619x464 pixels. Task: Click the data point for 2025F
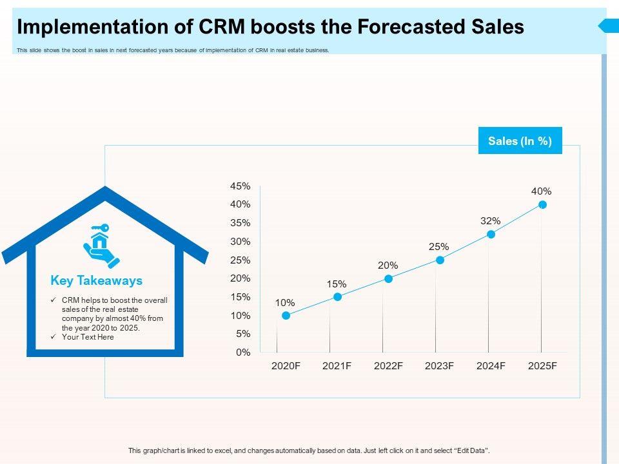[542, 204]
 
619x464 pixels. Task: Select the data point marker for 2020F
[286, 316]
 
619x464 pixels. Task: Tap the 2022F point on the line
[388, 278]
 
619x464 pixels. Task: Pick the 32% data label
[490, 220]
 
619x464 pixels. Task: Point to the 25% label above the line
[439, 246]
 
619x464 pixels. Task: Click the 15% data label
[337, 284]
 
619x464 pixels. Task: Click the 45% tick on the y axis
[240, 186]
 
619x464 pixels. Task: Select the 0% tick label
[242, 353]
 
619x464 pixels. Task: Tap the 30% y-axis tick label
[240, 242]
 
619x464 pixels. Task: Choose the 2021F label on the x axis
[337, 366]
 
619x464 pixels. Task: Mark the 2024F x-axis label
[491, 366]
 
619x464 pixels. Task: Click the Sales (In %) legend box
[520, 141]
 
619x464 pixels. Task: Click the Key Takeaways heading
[96, 281]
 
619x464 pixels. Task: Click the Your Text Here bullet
[88, 337]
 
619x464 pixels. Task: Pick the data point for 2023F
[440, 260]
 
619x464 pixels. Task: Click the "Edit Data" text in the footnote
[472, 450]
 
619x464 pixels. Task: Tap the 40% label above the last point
[542, 191]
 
